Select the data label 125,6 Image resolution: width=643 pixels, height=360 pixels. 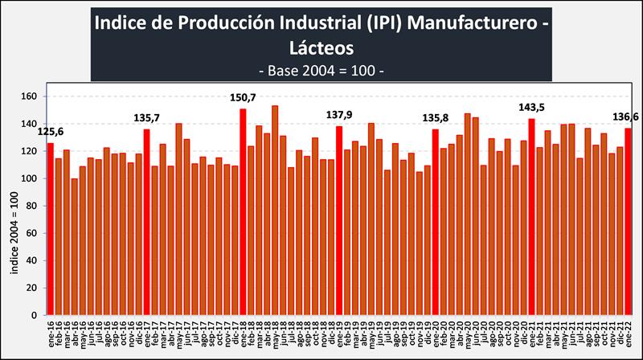[x=50, y=132]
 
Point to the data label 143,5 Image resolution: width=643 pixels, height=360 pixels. [x=531, y=108]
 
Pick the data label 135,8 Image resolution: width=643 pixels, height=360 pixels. [x=436, y=118]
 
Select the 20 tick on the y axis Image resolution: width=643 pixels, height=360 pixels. [x=31, y=287]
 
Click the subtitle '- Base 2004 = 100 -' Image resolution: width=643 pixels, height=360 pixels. [x=321, y=70]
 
